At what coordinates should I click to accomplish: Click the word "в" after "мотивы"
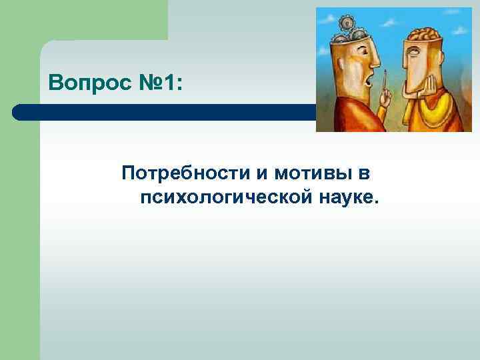363,174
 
